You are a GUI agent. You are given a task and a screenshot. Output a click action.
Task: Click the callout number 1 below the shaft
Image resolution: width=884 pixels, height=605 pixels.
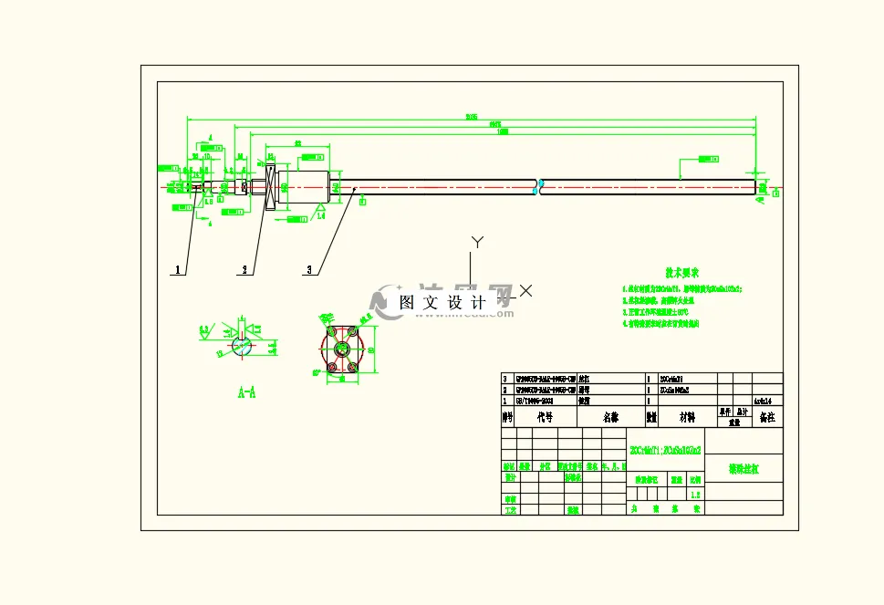[178, 270]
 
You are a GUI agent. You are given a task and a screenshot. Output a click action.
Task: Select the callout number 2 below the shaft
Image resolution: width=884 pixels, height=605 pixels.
[244, 270]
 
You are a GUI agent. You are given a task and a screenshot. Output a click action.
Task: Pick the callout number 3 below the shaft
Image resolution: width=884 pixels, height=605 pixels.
[310, 270]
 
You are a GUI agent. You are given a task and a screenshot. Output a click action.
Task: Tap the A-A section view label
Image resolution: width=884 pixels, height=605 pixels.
[246, 393]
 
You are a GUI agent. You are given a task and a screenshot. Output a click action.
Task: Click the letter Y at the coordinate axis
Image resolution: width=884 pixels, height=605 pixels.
[475, 242]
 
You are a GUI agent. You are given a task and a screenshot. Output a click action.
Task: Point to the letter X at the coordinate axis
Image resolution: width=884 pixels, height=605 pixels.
[525, 291]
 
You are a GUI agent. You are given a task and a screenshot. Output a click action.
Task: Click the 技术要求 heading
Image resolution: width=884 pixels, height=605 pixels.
[681, 272]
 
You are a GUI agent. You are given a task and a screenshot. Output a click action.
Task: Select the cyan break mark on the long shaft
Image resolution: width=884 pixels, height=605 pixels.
[539, 186]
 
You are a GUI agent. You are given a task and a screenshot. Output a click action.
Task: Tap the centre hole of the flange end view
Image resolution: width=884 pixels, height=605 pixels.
[345, 349]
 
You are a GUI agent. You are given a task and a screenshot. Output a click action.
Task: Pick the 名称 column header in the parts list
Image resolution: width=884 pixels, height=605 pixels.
[610, 417]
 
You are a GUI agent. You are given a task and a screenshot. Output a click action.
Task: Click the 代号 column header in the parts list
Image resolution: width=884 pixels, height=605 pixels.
[546, 417]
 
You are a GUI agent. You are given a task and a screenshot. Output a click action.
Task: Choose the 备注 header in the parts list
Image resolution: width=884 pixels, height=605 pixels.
[766, 417]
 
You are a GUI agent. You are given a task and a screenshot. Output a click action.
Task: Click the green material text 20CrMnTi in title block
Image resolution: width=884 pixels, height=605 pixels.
[665, 450]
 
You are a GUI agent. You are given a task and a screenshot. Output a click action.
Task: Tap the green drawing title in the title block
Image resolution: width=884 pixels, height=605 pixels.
[743, 469]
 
